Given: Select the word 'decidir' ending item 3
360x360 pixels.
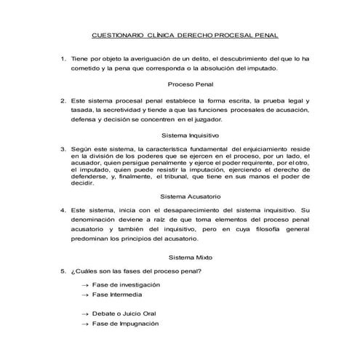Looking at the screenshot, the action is (84, 184).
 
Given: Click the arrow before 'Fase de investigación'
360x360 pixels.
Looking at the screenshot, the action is (86, 285).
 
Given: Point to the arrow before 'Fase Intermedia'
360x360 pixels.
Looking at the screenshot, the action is (86, 295).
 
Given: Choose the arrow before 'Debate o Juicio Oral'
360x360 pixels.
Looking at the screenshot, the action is (86, 313).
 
